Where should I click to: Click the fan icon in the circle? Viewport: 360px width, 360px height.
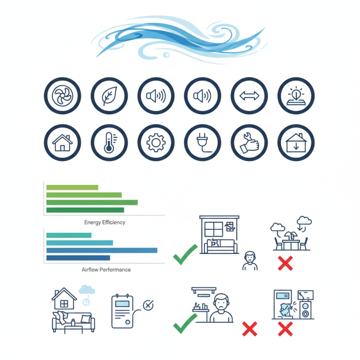pyautogui.click(x=63, y=95)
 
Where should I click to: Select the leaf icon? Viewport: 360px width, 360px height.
pyautogui.click(x=109, y=96)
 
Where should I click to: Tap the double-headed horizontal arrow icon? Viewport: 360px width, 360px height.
pyautogui.click(x=249, y=96)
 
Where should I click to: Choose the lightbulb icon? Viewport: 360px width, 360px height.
pyautogui.click(x=296, y=96)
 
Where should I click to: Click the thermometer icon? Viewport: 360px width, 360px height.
pyautogui.click(x=110, y=143)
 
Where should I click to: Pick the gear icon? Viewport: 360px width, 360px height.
pyautogui.click(x=156, y=143)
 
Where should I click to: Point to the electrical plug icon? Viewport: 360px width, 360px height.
pyautogui.click(x=203, y=143)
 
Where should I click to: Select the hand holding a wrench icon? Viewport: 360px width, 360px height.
pyautogui.click(x=249, y=143)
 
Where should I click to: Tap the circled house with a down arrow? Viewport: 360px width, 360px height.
pyautogui.click(x=296, y=143)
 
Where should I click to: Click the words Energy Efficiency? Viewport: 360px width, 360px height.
pyautogui.click(x=105, y=222)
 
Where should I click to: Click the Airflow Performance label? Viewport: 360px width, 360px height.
pyautogui.click(x=106, y=270)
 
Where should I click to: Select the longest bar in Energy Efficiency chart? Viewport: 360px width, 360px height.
pyautogui.click(x=92, y=202)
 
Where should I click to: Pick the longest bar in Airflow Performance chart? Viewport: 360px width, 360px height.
pyautogui.click(x=102, y=250)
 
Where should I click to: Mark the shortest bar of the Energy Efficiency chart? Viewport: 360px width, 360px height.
pyautogui.click(x=72, y=187)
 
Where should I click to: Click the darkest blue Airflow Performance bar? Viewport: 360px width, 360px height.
pyautogui.click(x=78, y=258)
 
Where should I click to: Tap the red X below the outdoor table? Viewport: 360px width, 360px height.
pyautogui.click(x=285, y=263)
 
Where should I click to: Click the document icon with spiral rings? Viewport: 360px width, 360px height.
pyautogui.click(x=122, y=311)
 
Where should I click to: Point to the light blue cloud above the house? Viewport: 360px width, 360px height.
pyautogui.click(x=87, y=289)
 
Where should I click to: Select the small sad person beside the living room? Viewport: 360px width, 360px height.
pyautogui.click(x=250, y=261)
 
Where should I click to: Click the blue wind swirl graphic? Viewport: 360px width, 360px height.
pyautogui.click(x=179, y=39)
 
